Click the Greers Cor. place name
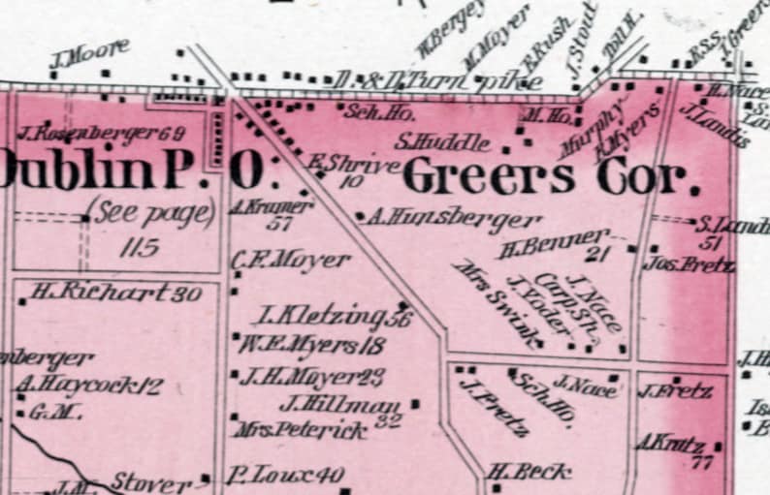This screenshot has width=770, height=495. pyautogui.click(x=551, y=178)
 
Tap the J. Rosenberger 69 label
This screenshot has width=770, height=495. pyautogui.click(x=101, y=132)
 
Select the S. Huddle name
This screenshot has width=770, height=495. pyautogui.click(x=442, y=142)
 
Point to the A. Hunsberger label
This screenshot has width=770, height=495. pyautogui.click(x=455, y=219)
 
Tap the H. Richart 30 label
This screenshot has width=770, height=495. pyautogui.click(x=115, y=291)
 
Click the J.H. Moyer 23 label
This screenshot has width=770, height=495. pyautogui.click(x=311, y=377)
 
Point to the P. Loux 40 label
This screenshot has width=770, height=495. pyautogui.click(x=286, y=475)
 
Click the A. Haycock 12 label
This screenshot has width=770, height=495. pyautogui.click(x=88, y=386)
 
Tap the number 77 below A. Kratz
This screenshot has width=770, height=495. pyautogui.click(x=702, y=463)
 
